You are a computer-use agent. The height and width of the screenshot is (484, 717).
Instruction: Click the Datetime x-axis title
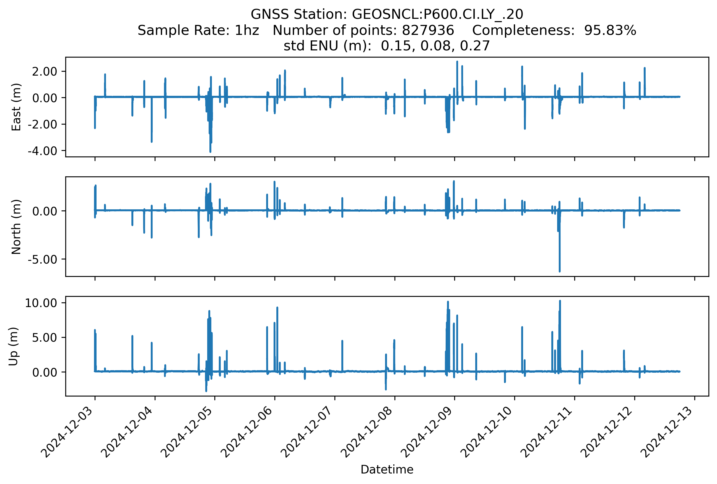pos(387,470)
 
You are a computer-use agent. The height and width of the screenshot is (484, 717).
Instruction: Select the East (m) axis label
pos(16,107)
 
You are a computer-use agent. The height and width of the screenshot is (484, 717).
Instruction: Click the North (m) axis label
pos(16,227)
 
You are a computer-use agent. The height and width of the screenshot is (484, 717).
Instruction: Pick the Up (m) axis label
pos(13,346)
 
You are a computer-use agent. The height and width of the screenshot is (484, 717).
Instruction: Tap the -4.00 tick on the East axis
pos(43,151)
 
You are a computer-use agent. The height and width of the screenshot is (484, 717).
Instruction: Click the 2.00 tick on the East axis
pos(45,72)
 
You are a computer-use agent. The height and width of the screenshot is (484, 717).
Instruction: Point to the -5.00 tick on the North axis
pos(43,260)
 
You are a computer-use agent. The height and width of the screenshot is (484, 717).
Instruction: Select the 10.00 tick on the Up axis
pos(41,303)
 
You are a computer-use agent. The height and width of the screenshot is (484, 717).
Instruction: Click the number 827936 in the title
pos(428,30)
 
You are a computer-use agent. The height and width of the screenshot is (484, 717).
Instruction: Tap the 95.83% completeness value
pos(610,30)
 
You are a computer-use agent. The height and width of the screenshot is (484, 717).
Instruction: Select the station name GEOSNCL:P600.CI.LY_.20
pos(437,14)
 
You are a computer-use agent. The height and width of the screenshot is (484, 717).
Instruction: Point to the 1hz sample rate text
pos(247,30)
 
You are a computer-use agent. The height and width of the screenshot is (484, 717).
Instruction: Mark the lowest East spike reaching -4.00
pos(210,151)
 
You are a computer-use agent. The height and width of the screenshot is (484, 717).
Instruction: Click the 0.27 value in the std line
pos(475,46)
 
